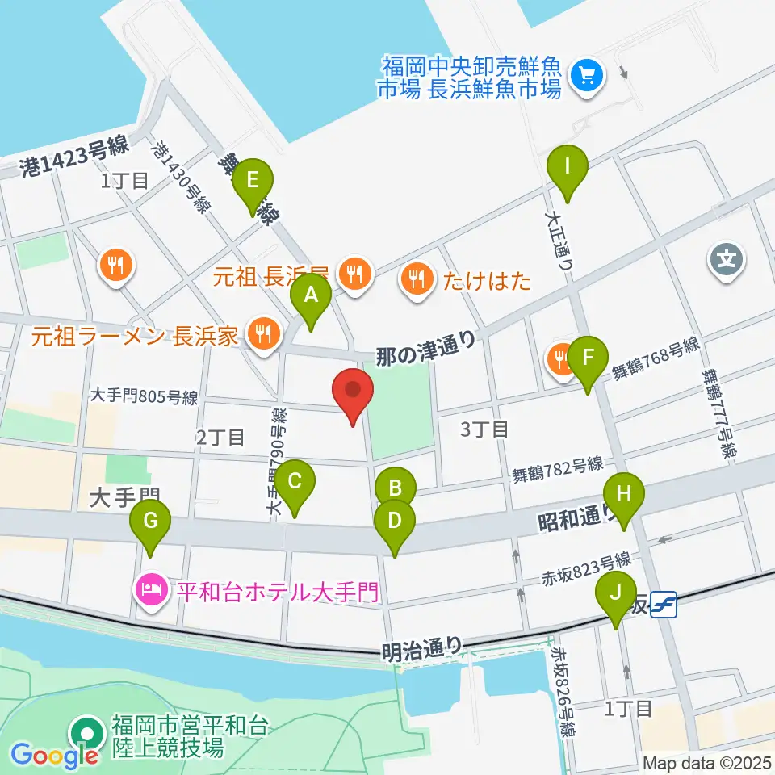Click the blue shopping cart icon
coord(583,77)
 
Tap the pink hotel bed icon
coord(151,587)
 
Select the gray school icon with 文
coord(725,260)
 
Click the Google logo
coord(55,755)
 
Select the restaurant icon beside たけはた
coord(417,279)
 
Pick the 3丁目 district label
coord(484,429)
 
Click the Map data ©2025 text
coord(707,762)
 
